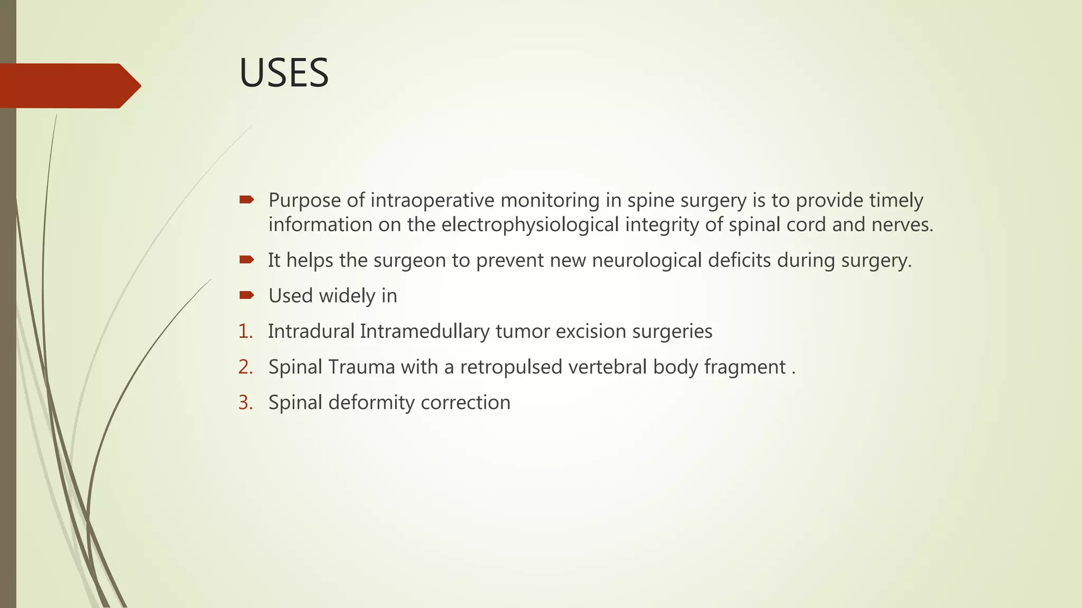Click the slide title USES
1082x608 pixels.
(284, 73)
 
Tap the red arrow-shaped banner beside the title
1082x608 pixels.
(69, 85)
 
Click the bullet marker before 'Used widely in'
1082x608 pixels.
(246, 295)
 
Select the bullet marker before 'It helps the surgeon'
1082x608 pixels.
(246, 259)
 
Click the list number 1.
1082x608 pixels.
(245, 331)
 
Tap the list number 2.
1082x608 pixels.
(245, 367)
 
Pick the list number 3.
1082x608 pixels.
(245, 403)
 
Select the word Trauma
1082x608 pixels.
(361, 367)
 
